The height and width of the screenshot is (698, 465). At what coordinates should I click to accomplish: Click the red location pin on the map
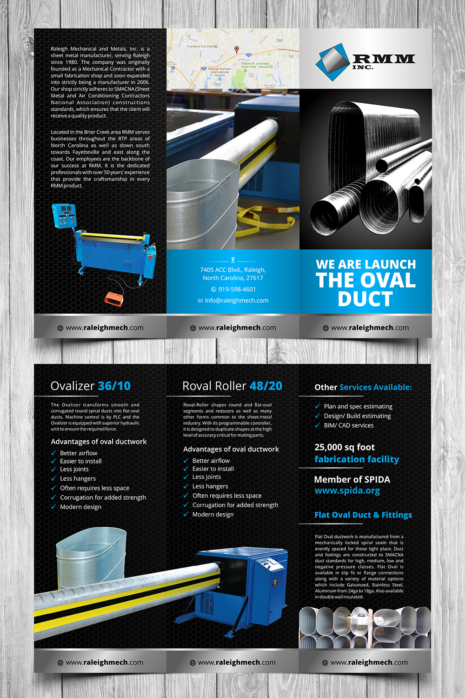[236, 49]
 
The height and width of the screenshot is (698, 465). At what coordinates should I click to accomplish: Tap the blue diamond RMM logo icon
[332, 61]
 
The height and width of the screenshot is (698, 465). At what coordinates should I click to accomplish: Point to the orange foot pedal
[113, 299]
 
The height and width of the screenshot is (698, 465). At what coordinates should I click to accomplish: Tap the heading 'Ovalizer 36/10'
[90, 386]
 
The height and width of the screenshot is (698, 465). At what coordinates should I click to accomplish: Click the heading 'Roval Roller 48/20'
[232, 386]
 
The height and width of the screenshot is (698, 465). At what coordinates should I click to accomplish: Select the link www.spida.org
[347, 491]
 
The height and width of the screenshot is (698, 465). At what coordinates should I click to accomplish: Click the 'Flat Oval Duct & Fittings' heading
[363, 515]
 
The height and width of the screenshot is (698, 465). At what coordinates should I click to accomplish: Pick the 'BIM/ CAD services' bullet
[348, 425]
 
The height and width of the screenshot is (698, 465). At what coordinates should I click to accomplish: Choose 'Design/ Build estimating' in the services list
[357, 416]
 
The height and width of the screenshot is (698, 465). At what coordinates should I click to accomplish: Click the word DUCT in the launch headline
[365, 299]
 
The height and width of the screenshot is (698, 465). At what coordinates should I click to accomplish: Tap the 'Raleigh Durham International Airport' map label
[219, 72]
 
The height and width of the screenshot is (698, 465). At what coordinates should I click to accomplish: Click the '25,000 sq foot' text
[345, 448]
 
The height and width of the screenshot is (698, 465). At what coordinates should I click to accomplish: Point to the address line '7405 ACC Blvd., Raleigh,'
[233, 270]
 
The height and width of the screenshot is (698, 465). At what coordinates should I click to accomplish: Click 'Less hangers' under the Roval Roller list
[210, 486]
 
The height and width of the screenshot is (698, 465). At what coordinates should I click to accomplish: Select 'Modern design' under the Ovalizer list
[80, 507]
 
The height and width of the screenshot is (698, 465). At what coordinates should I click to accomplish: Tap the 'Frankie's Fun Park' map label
[201, 47]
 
